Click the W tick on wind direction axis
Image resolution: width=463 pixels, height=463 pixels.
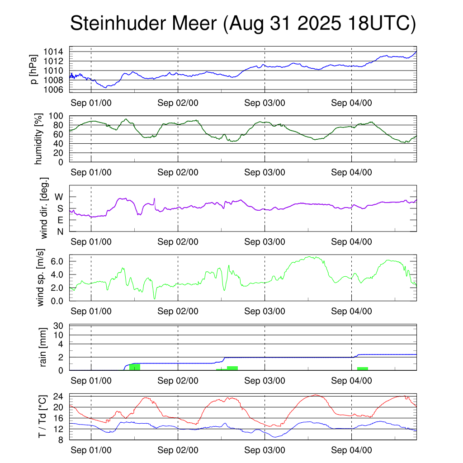coord(59,197)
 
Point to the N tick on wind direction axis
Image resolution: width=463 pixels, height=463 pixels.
coord(59,232)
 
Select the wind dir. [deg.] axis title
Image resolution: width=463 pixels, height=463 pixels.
coord(44,208)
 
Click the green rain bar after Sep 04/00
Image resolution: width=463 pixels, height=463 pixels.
coord(362,369)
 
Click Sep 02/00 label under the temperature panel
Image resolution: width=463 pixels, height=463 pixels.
coord(178,450)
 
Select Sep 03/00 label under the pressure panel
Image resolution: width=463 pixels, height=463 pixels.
coord(265,103)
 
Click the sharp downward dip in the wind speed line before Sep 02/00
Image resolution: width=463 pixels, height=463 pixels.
coord(154,298)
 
